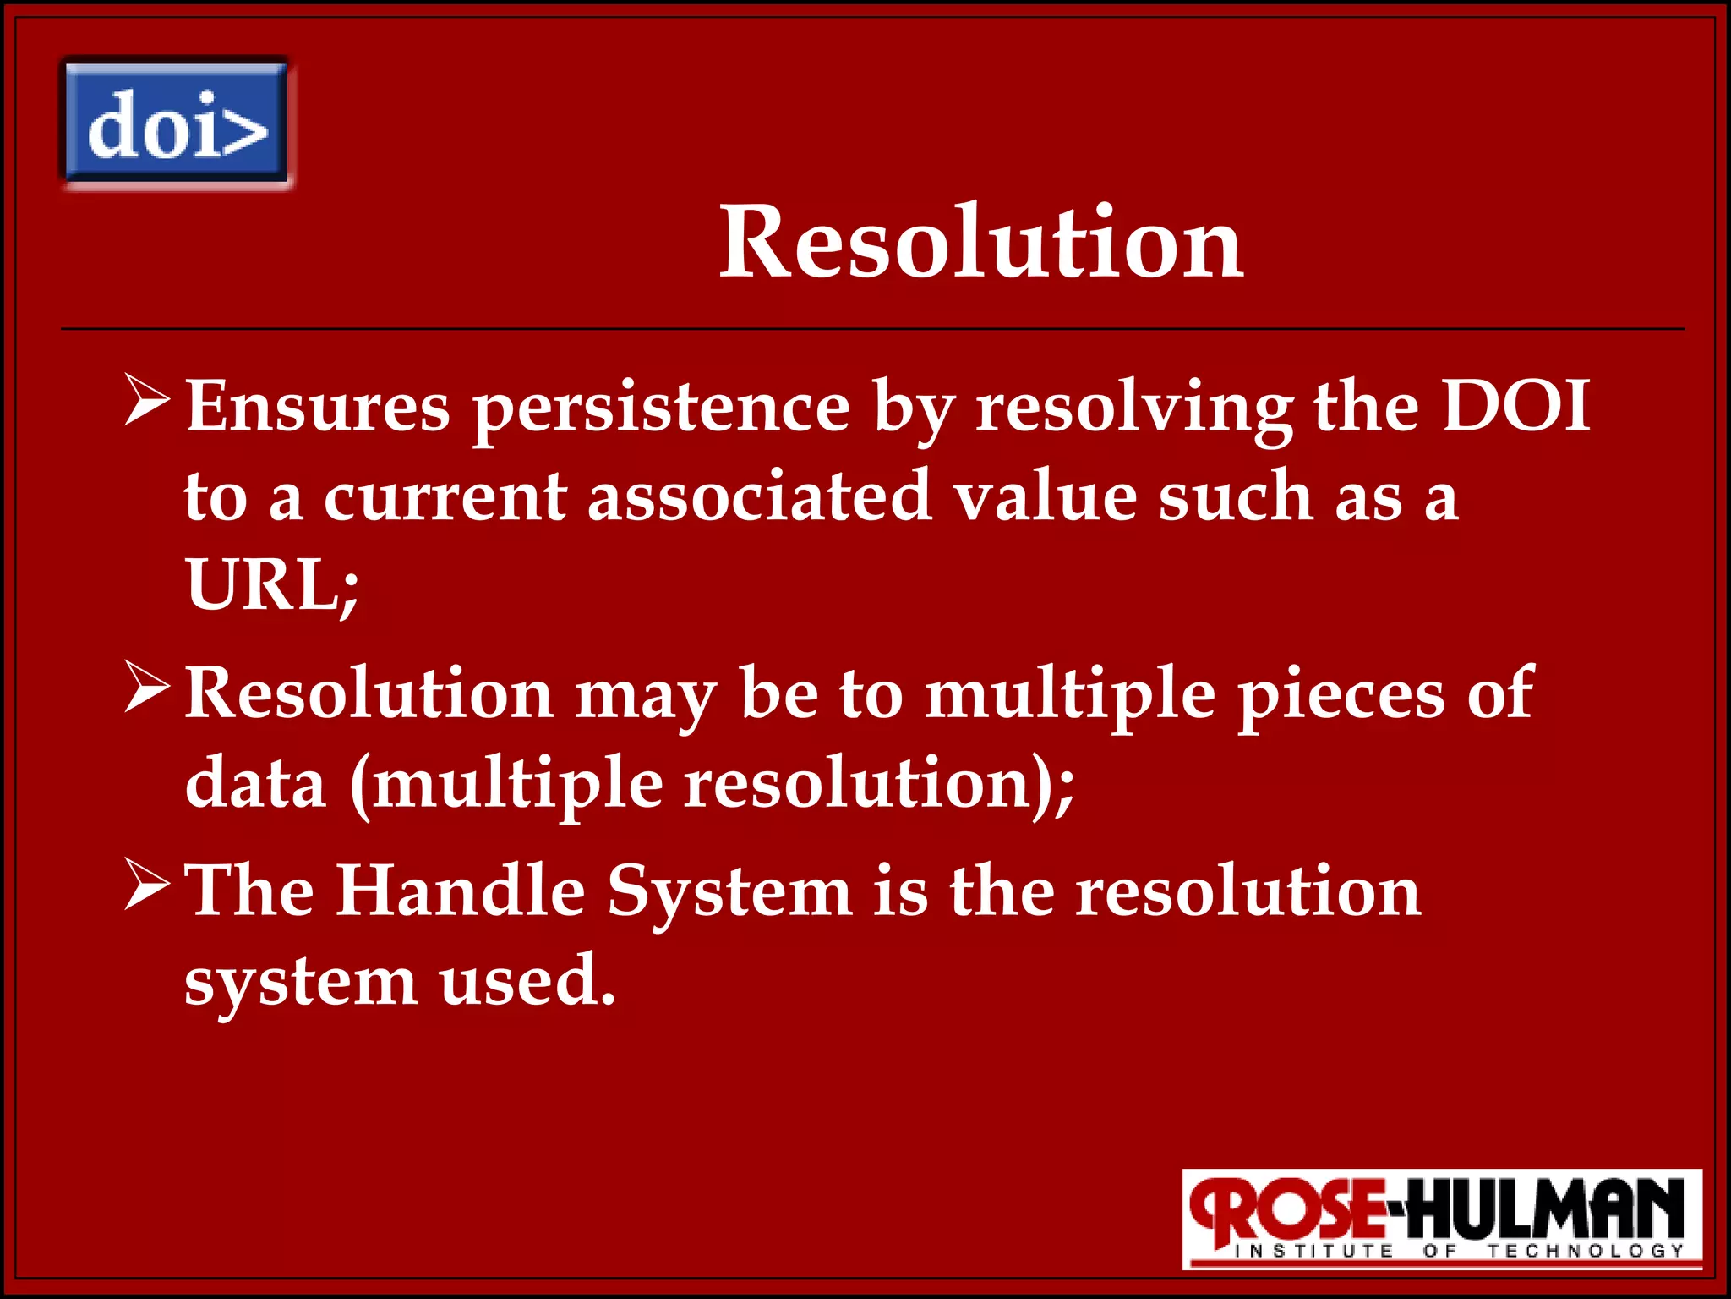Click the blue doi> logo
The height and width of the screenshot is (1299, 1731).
tap(176, 123)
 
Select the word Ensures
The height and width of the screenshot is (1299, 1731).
tap(318, 407)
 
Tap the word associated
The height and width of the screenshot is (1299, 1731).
tap(760, 496)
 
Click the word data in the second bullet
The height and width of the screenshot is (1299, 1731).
tap(255, 783)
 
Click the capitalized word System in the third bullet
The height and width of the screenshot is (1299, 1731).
tap(729, 893)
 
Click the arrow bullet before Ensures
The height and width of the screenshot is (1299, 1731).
tap(147, 401)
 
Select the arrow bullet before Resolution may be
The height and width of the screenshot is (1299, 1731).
tap(147, 687)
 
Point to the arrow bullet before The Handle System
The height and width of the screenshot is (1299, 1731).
tap(147, 885)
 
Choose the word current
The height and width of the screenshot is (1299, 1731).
tap(445, 498)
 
